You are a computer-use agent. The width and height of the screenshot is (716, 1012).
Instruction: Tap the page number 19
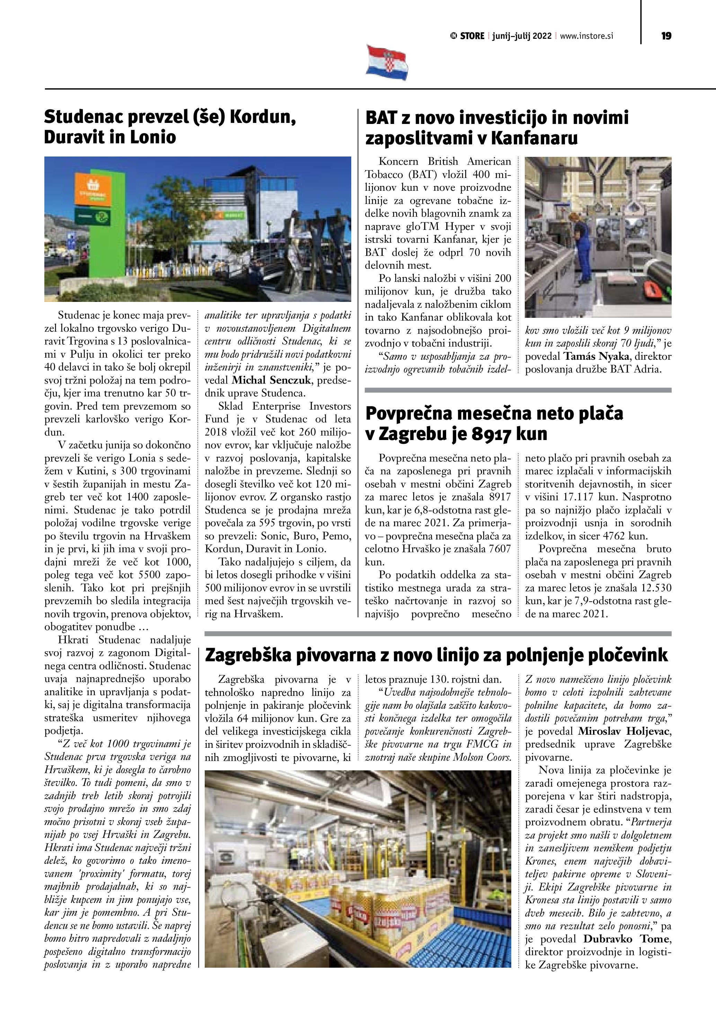(x=666, y=36)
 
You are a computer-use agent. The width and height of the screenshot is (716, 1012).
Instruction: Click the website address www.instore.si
(x=586, y=36)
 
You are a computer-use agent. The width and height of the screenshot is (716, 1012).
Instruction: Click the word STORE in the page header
(x=472, y=36)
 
